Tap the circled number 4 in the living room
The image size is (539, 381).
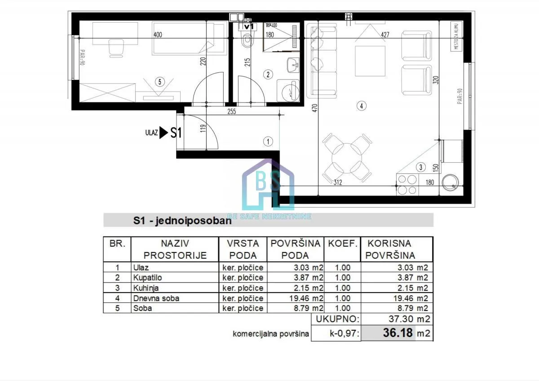point(361,106)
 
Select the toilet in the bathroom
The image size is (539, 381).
point(246,40)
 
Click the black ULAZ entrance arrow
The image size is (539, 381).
point(164,133)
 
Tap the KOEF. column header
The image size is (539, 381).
point(343,244)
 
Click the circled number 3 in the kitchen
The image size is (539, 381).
point(420,167)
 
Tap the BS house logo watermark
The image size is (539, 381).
point(268,184)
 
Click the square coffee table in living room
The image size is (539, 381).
point(370,61)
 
